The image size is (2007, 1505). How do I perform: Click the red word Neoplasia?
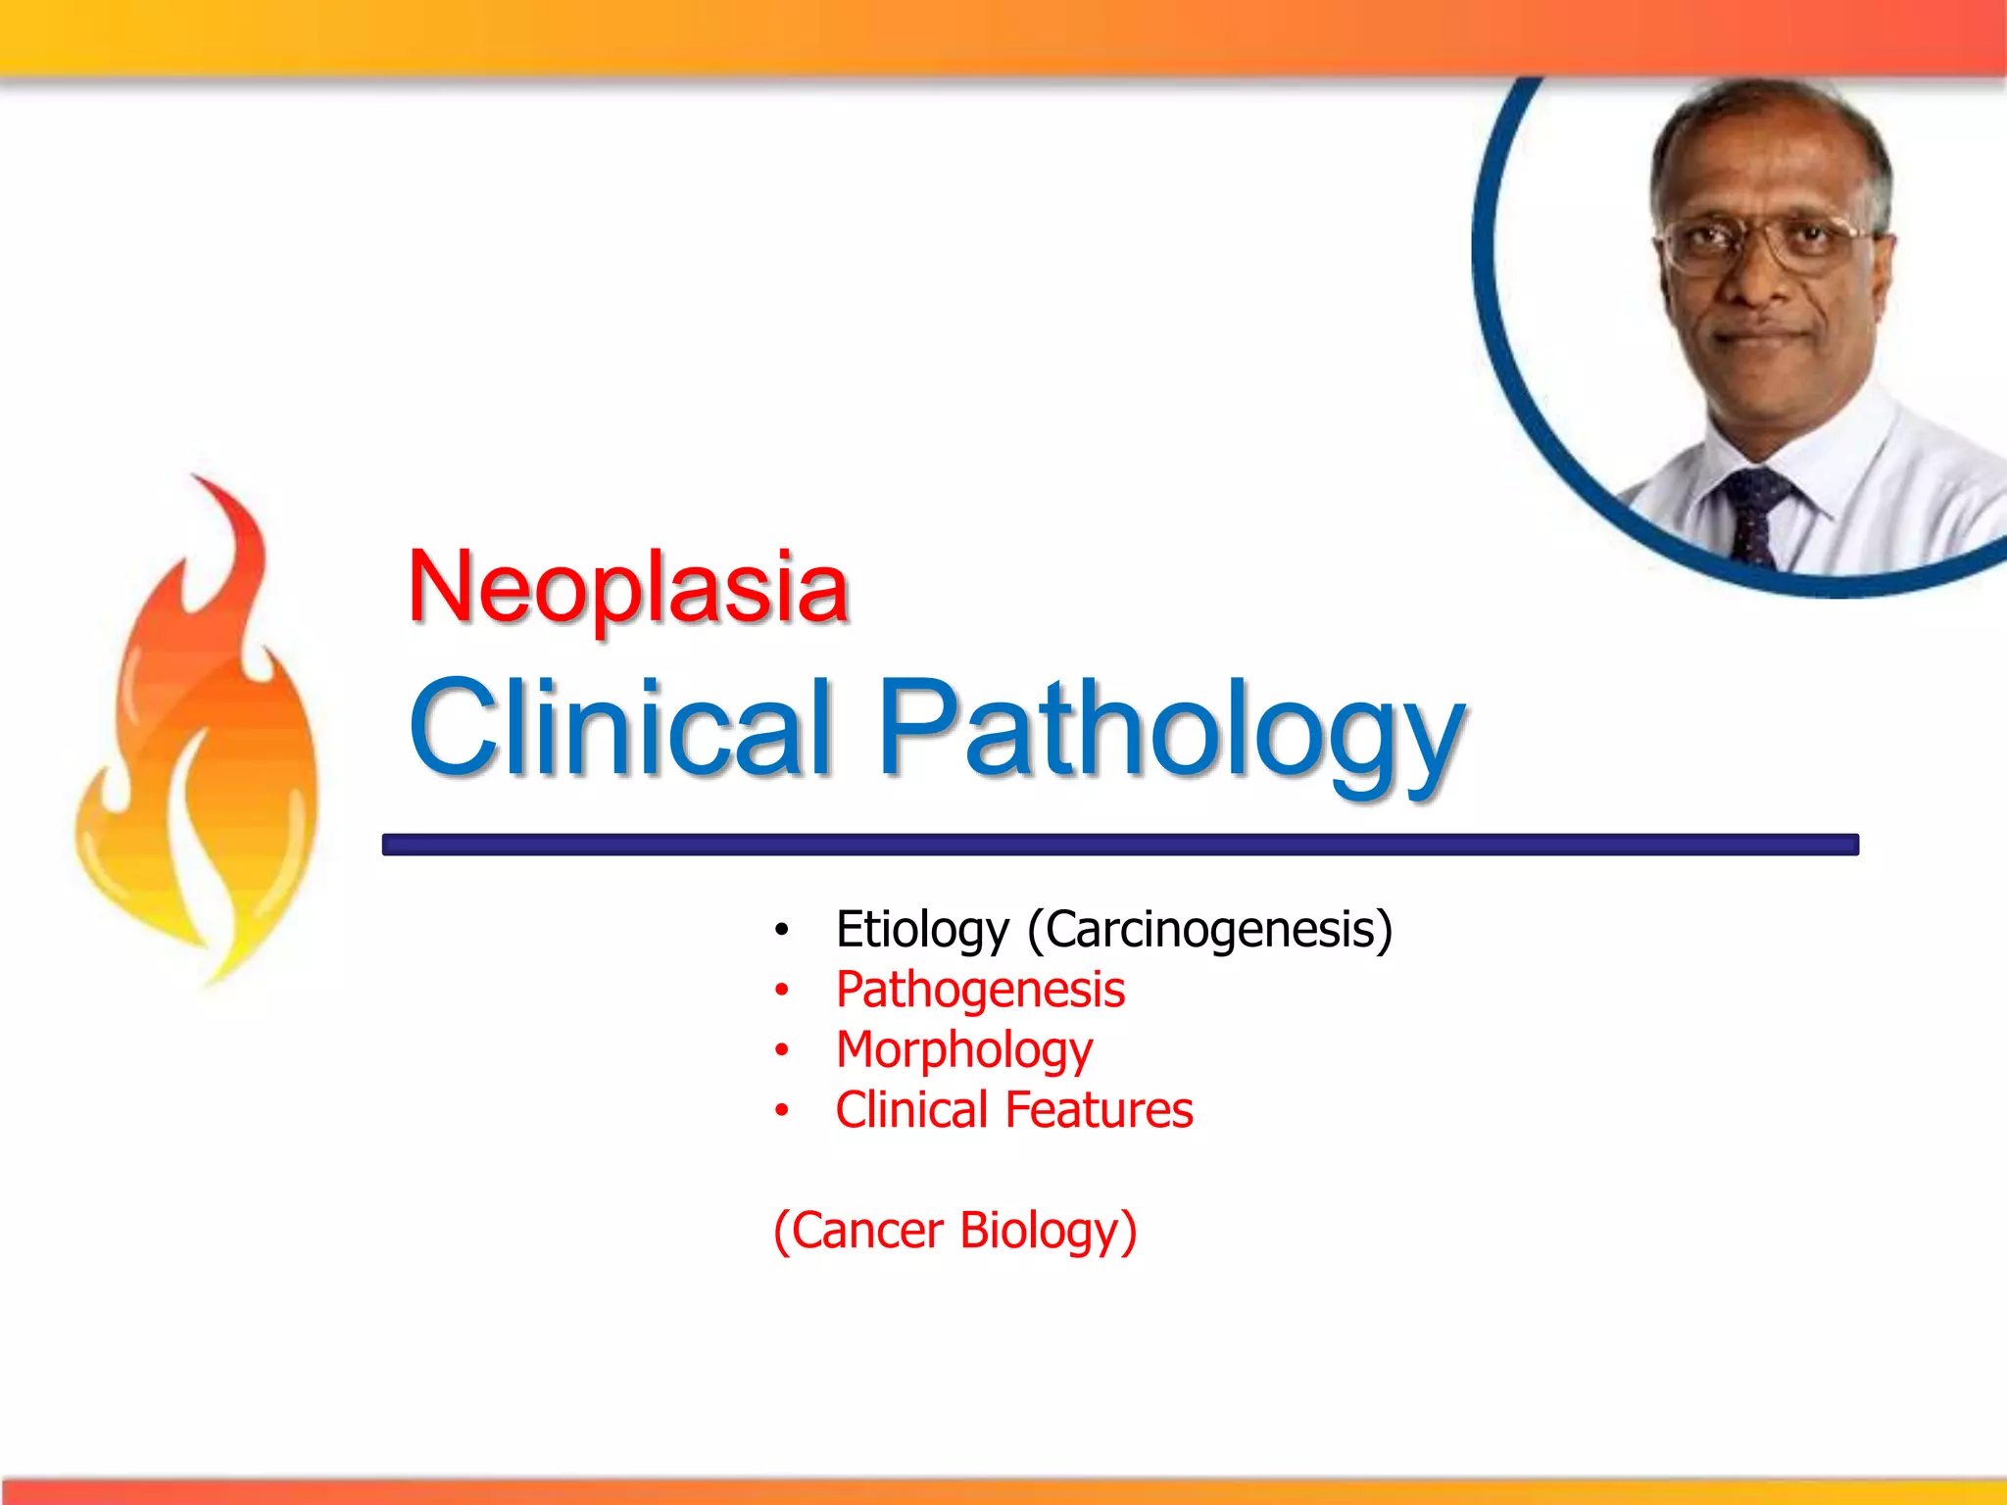click(627, 588)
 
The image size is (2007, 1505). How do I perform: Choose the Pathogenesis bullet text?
click(980, 990)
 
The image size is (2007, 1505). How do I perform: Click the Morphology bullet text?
click(964, 1050)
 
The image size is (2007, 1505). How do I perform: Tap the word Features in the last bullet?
click(1099, 1110)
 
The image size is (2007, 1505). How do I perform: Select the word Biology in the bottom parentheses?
click(1048, 1231)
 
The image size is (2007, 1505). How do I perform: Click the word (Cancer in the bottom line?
click(857, 1231)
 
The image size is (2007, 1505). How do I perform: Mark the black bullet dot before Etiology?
click(781, 930)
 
